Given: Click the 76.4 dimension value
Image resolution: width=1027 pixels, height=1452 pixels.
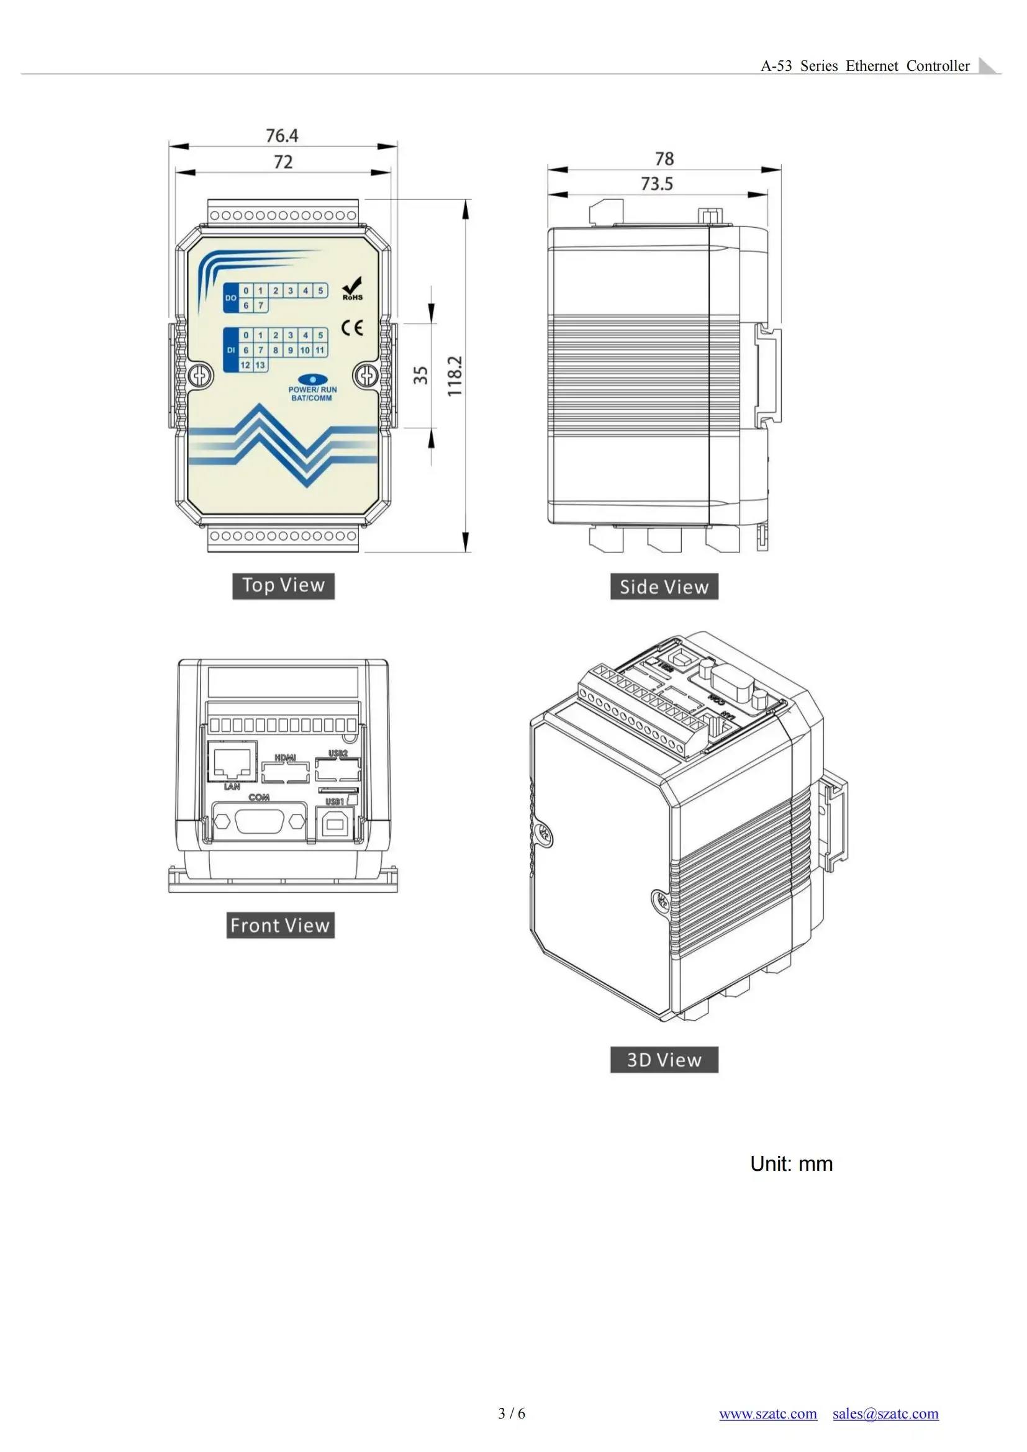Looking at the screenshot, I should (282, 135).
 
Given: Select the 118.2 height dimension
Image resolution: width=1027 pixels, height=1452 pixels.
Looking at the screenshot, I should (455, 376).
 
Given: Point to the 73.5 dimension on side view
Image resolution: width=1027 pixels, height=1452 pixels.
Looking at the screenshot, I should (657, 184).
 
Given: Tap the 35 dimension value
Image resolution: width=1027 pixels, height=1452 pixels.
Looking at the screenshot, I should (421, 375).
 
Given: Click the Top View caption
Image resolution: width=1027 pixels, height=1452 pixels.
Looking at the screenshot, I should (283, 585).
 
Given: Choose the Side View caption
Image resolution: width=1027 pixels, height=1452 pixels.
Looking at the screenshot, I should (664, 587).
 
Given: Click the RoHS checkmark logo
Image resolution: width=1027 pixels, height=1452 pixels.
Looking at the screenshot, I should (353, 289).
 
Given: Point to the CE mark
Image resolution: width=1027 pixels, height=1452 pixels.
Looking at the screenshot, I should (352, 328).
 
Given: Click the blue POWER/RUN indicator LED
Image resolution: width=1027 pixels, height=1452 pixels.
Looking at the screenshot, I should (312, 379).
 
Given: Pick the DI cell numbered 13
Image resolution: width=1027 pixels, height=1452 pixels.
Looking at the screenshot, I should (260, 365).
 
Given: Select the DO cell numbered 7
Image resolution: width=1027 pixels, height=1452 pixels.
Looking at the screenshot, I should (261, 305).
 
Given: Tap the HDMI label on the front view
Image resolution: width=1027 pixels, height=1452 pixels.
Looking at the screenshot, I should (285, 757).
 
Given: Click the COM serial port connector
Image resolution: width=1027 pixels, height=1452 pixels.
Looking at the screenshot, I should (260, 821).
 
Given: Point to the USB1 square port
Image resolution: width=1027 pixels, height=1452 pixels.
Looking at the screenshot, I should (334, 823).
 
